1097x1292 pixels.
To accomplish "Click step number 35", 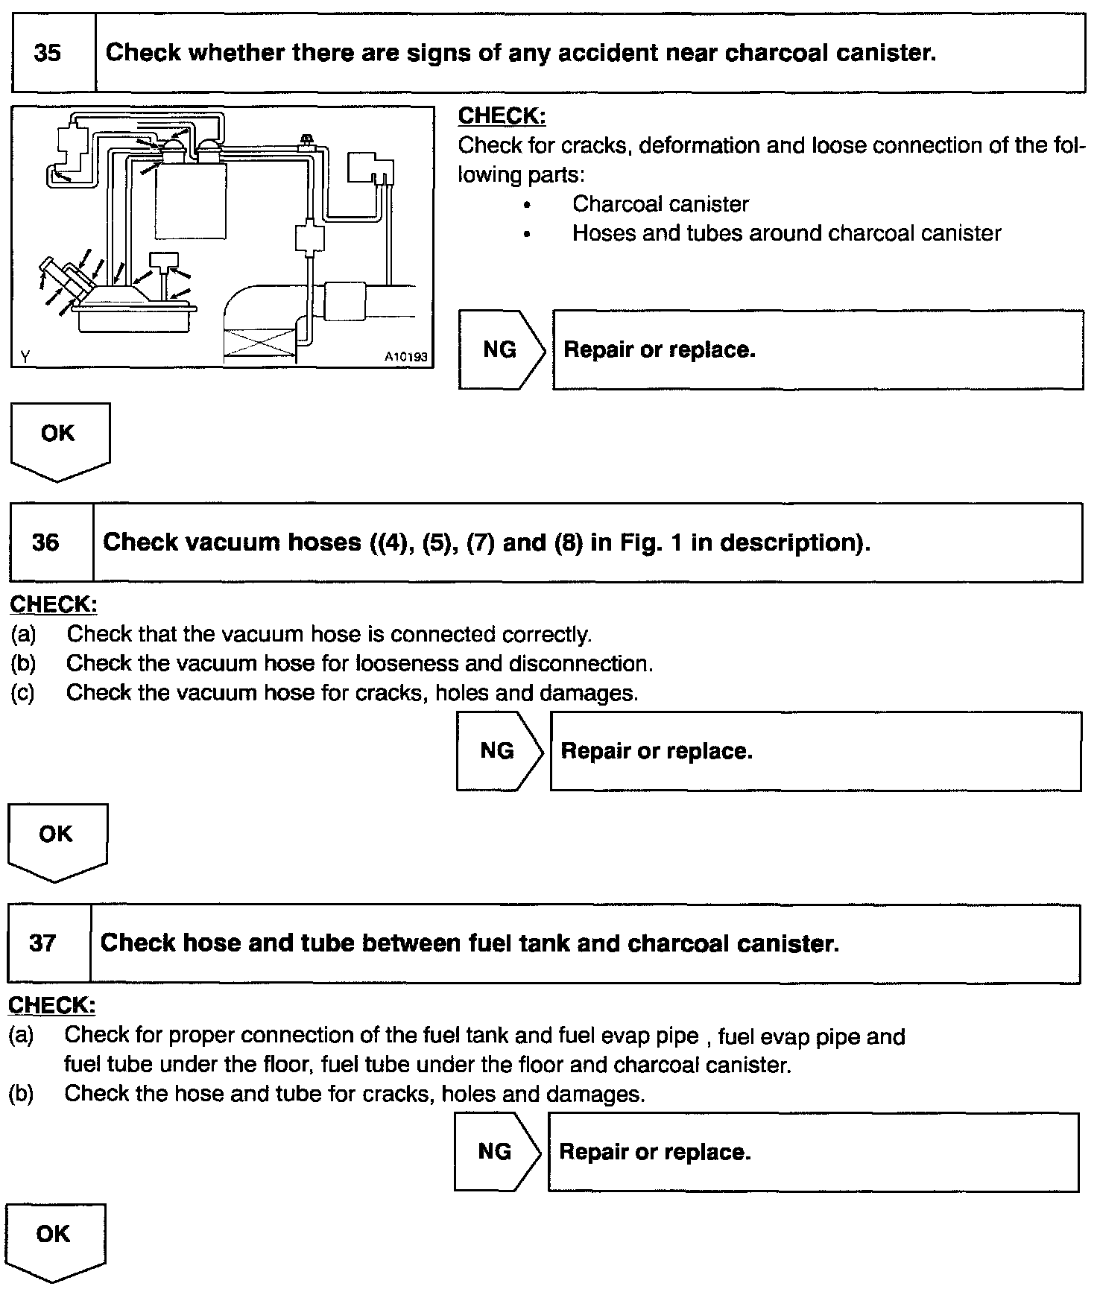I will pyautogui.click(x=48, y=54).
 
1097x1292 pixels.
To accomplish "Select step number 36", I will pyautogui.click(x=45, y=542).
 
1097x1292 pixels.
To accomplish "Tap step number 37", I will pyautogui.click(x=42, y=943).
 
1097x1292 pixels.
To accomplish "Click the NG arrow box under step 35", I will pyautogui.click(x=501, y=350).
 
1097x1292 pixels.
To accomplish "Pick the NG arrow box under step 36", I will pyautogui.click(x=498, y=751).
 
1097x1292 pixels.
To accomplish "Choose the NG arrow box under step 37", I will pyautogui.click(x=496, y=1152).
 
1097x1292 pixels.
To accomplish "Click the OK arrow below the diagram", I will pyautogui.click(x=59, y=440).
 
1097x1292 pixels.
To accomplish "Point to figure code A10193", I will pyautogui.click(x=405, y=358).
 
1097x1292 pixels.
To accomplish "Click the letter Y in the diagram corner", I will pyautogui.click(x=25, y=357).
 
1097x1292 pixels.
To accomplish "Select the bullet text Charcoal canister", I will pyautogui.click(x=660, y=204).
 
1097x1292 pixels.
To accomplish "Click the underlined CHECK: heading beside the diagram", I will pyautogui.click(x=502, y=116).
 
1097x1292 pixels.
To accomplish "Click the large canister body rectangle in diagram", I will pyautogui.click(x=191, y=201).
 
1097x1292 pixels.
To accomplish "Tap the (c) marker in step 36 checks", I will pyautogui.click(x=22, y=693).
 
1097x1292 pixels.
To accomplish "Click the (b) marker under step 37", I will pyautogui.click(x=21, y=1094).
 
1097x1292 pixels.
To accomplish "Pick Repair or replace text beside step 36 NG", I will pyautogui.click(x=657, y=751).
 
